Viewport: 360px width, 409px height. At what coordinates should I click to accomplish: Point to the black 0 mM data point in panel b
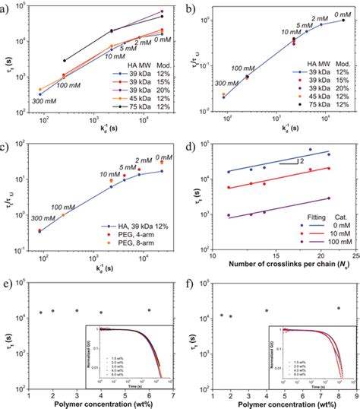point(343,21)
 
